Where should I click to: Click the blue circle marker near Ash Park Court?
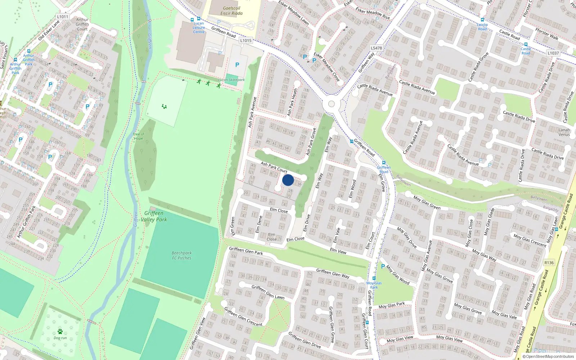pos(288,180)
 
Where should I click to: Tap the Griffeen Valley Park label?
pos(154,216)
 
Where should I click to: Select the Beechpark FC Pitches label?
pos(181,255)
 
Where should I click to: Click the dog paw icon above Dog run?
pos(60,331)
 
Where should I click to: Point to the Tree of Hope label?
pos(138,136)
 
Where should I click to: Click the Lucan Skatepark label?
pos(231,80)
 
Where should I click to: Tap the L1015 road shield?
pos(246,40)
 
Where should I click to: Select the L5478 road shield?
pos(376,48)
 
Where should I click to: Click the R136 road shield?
pos(549,263)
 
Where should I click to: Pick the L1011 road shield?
pos(63,17)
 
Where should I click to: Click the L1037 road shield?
pos(553,53)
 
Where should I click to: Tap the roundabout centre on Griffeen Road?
pos(331,104)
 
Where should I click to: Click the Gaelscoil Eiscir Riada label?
pos(231,11)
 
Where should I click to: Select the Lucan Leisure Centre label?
pos(198,28)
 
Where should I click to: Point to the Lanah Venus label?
pos(564,132)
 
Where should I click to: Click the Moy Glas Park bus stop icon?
pos(374,278)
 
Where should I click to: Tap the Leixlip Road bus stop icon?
pos(482,20)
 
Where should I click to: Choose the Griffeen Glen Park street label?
pos(246,251)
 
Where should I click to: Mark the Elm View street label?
pos(338,251)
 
